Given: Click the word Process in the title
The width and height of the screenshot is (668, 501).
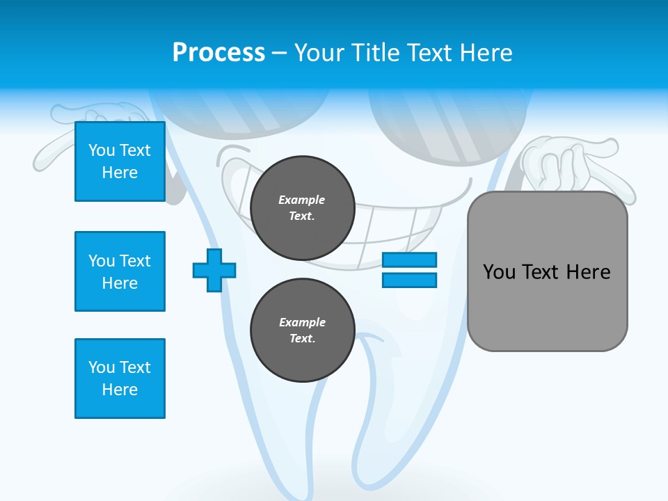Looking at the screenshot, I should pos(218,52).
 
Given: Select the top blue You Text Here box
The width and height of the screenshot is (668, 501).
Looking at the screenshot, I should pos(120,161).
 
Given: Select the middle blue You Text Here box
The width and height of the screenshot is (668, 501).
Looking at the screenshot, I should pos(120,271).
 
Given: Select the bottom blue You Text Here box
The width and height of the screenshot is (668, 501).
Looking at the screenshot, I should pos(120,378).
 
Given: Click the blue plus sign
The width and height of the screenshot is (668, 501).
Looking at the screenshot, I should pos(214,270).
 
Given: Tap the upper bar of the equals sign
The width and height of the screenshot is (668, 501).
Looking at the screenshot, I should pos(409,260).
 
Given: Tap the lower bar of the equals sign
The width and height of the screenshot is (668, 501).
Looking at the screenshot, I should pos(409,280).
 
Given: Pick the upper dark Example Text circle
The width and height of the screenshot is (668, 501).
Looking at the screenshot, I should pos(302,207).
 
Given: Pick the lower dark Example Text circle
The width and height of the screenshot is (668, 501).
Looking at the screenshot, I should pos(302,330).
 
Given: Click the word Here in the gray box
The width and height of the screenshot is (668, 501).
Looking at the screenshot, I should pos(588,271).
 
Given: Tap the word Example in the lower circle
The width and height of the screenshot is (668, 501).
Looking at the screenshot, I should pos(302,322).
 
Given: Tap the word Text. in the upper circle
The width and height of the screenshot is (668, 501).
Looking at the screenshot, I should pos(302,216).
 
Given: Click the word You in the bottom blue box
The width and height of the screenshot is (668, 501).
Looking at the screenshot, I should pos(101,367).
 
